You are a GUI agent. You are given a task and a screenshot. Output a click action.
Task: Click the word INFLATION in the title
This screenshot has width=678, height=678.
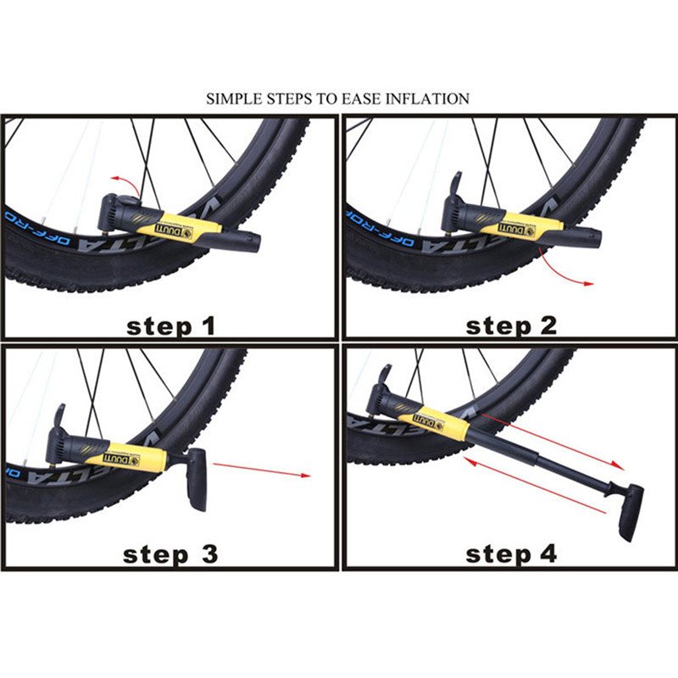(427, 99)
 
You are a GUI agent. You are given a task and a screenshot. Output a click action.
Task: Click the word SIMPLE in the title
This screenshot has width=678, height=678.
(232, 99)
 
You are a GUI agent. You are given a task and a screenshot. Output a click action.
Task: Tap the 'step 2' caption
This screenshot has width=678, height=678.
(511, 325)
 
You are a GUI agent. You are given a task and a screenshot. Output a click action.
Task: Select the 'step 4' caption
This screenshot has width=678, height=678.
(511, 555)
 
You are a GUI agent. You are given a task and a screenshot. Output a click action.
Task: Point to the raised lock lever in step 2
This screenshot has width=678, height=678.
(455, 184)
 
